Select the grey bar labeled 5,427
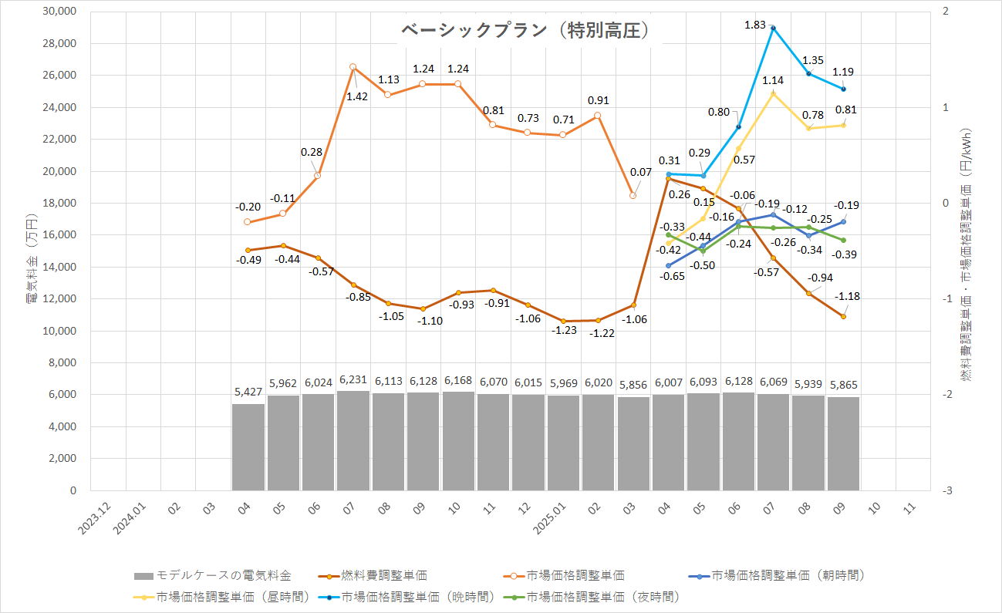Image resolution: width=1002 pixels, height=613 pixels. pos(248,446)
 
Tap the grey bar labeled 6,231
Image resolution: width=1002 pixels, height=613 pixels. pos(353,440)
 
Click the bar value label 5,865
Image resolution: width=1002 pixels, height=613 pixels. pos(843,385)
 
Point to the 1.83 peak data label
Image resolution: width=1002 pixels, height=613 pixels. pos(756,25)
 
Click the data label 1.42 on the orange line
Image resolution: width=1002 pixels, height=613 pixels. pos(356,96)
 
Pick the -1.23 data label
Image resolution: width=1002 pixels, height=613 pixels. pos(562,330)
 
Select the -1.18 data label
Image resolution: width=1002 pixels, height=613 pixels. pos(848,296)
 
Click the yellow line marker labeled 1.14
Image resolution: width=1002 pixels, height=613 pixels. pos(773,94)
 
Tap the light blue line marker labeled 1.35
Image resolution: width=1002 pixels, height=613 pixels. pos(808,73)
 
